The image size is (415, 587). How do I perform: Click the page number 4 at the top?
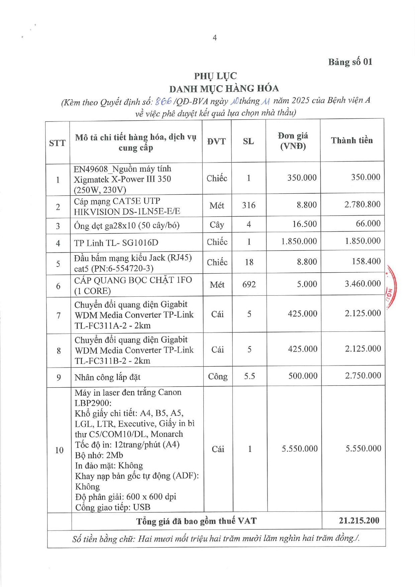click(x=215, y=38)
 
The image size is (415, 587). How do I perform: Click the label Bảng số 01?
click(x=350, y=62)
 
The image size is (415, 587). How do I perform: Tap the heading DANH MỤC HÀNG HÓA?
click(x=224, y=89)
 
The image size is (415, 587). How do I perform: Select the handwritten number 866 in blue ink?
click(x=163, y=101)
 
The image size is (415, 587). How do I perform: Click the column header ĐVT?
click(x=216, y=141)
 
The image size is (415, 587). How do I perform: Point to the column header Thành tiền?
click(x=352, y=140)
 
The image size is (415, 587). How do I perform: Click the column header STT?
click(x=57, y=143)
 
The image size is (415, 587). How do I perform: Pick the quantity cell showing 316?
click(x=249, y=205)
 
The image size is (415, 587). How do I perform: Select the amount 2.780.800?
click(x=362, y=204)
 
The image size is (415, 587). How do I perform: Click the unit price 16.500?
click(x=304, y=224)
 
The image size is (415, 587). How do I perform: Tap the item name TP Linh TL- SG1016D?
click(x=116, y=243)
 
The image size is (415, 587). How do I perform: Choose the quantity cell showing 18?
click(x=249, y=262)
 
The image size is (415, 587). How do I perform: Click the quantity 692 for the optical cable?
click(x=249, y=284)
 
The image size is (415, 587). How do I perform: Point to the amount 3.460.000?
click(x=362, y=284)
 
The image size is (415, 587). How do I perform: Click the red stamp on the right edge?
click(x=391, y=288)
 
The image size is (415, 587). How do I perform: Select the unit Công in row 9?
click(x=218, y=377)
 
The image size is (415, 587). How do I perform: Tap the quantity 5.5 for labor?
click(x=249, y=376)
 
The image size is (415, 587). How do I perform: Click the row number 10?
click(x=59, y=450)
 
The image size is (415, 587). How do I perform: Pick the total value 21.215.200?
click(x=359, y=520)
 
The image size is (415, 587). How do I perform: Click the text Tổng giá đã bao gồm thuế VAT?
click(x=196, y=521)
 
